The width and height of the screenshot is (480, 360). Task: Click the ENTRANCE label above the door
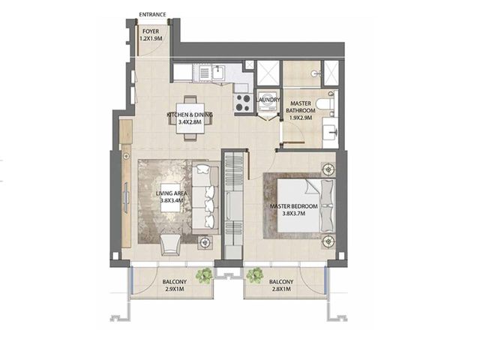(152, 14)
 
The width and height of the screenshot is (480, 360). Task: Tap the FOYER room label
(151, 31)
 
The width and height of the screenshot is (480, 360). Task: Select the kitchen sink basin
(218, 73)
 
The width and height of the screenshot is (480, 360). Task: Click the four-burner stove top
(243, 103)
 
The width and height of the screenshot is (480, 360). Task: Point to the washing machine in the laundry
(267, 100)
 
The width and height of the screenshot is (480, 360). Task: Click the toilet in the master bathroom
(325, 103)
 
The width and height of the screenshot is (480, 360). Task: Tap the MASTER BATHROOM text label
(300, 107)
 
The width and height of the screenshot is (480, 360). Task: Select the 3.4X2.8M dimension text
(190, 121)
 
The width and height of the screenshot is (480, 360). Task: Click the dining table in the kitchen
(190, 118)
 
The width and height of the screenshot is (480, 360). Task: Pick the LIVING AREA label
(171, 193)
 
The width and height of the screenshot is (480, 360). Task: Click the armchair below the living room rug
(170, 245)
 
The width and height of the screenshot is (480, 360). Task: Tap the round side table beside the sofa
(205, 242)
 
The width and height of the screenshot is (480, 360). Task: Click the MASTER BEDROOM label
(293, 206)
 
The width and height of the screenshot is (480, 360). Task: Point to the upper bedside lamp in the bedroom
(328, 169)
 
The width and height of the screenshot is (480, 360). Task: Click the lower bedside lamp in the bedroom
(328, 241)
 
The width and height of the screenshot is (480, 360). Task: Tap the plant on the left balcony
(205, 275)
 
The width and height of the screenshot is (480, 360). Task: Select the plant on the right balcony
(255, 275)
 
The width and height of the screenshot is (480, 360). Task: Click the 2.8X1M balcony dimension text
(280, 289)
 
